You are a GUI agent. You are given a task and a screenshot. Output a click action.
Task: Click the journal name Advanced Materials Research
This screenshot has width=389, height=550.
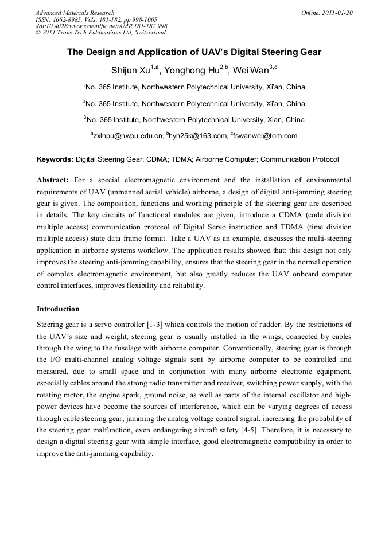point(75,13)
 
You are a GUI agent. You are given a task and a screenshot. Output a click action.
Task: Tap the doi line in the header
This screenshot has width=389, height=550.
point(101,26)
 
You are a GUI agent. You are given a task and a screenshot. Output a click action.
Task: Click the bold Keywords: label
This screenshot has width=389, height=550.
point(55,159)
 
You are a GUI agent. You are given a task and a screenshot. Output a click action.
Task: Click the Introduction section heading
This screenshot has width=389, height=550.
point(58,309)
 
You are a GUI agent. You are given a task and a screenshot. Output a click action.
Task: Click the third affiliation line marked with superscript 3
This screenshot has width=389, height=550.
point(194,120)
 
